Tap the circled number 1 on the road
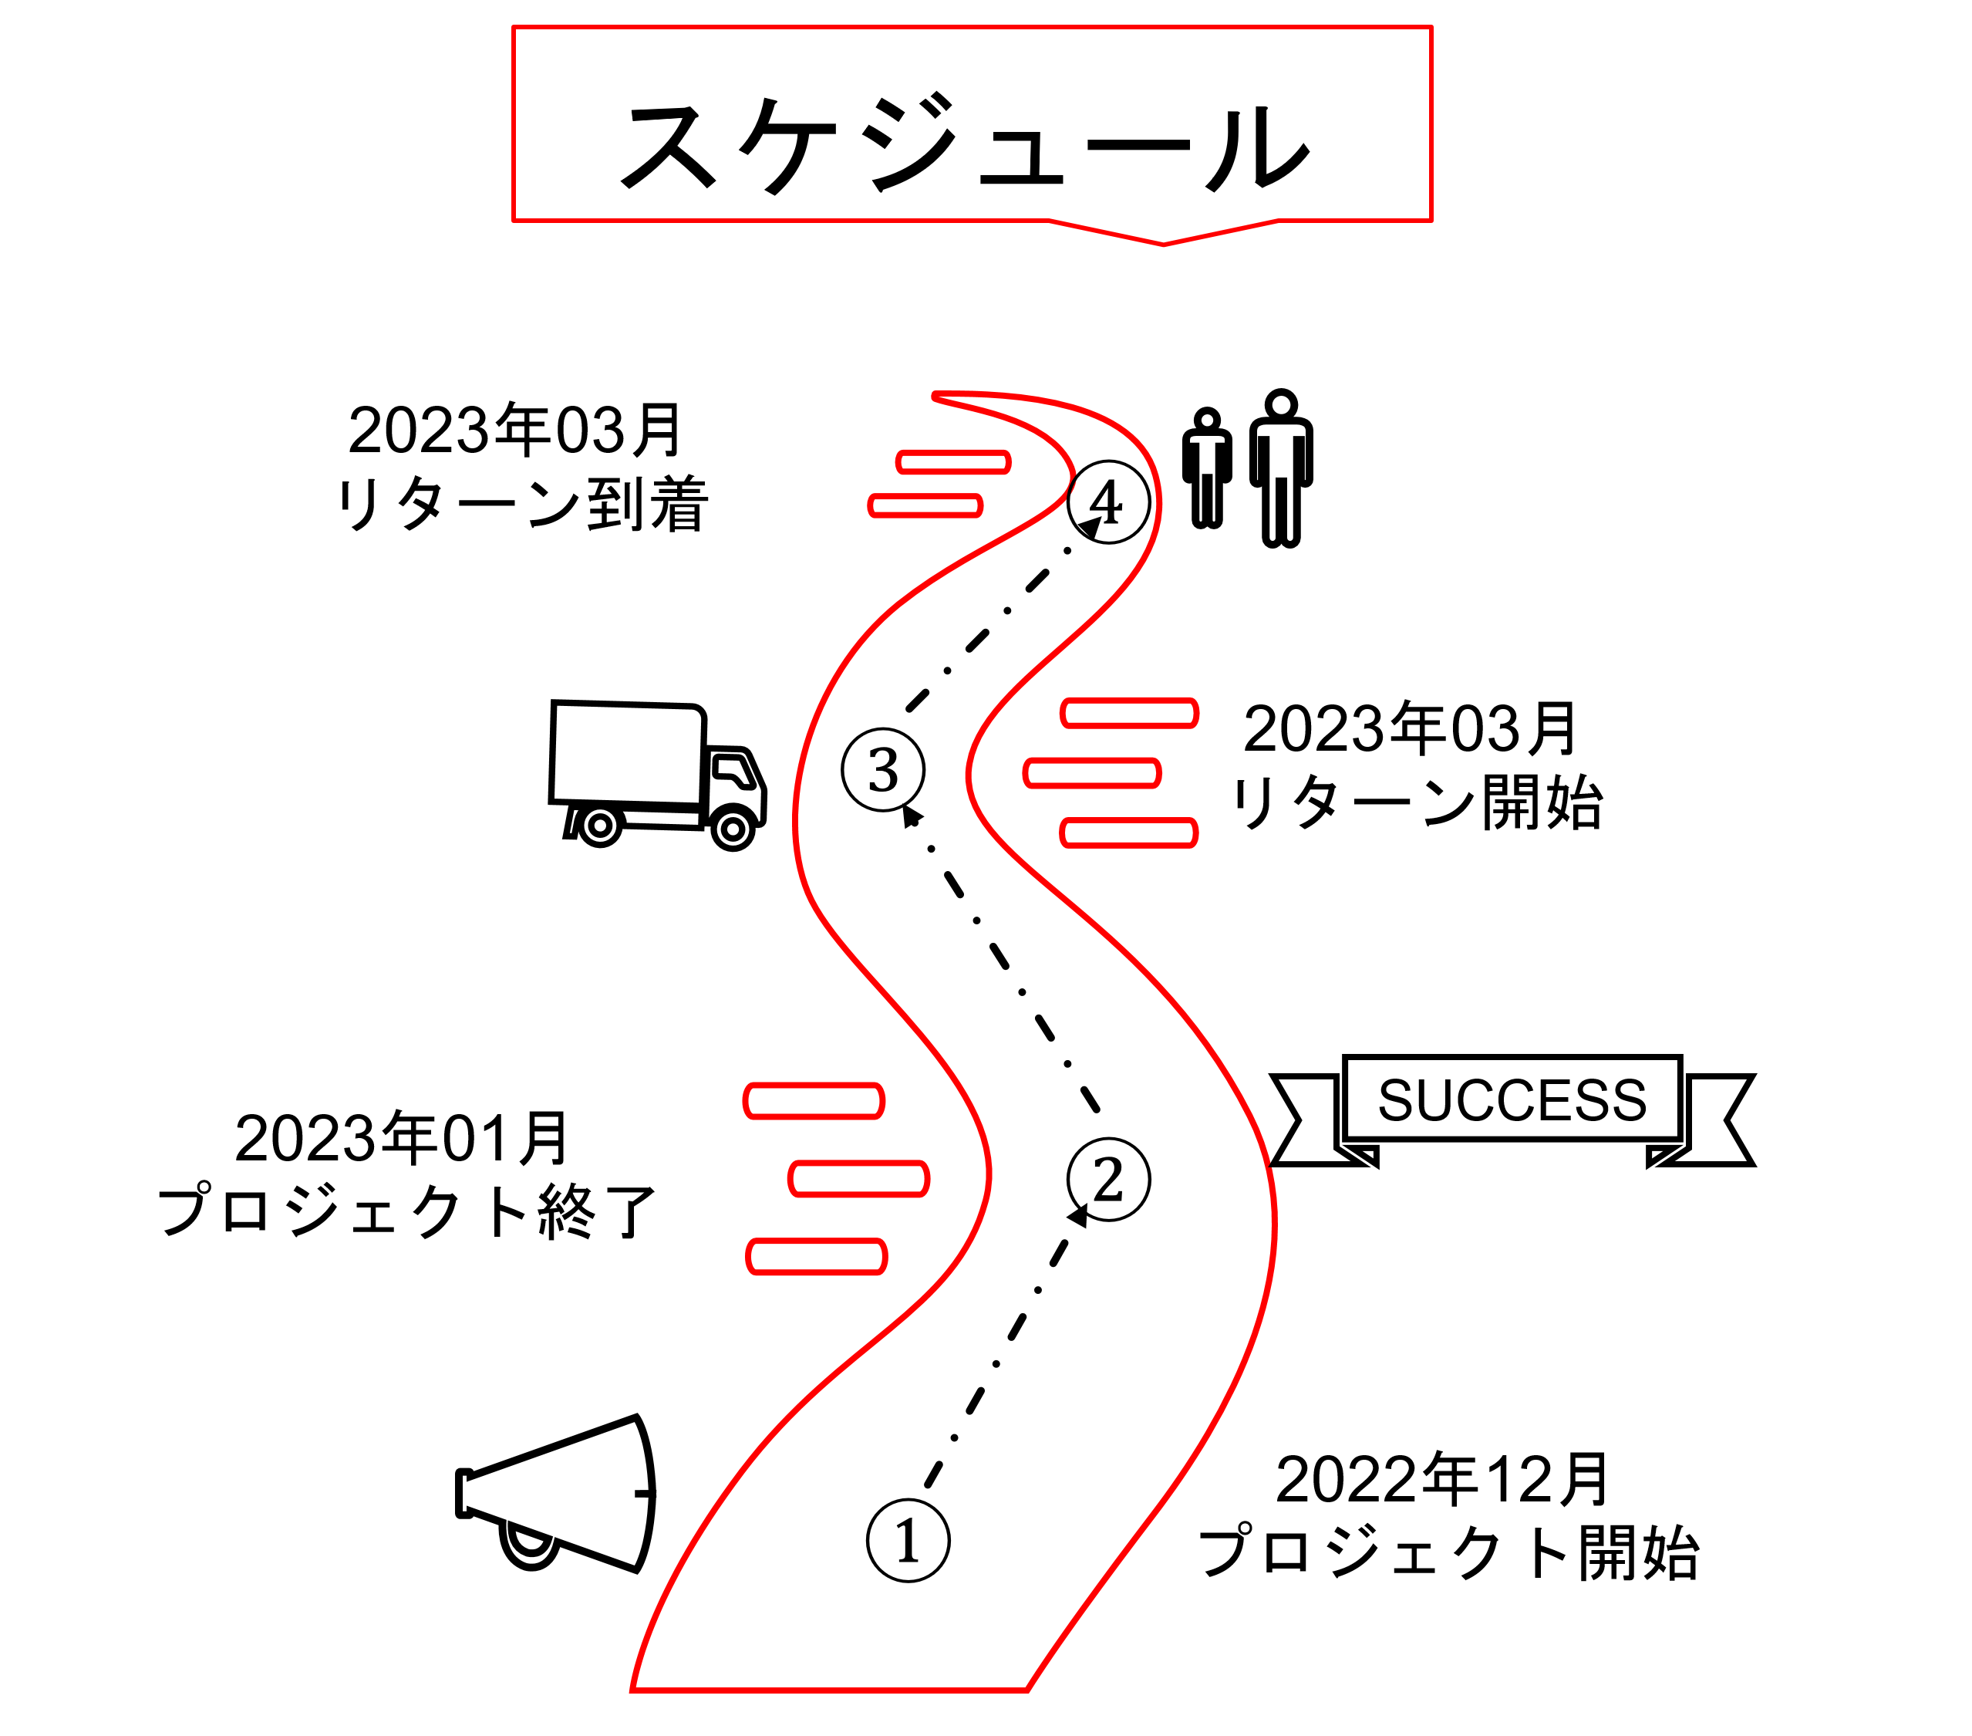pos(908,1540)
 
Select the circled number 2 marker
pos(1108,1179)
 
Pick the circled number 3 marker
pos(883,770)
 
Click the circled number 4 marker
pos(1108,502)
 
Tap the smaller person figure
pos(1207,468)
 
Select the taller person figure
pos(1280,468)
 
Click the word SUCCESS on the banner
pos(1512,1099)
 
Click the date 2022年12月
pos(1442,1479)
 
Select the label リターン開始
pos(1416,803)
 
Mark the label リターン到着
pos(522,504)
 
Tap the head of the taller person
pos(1280,404)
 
